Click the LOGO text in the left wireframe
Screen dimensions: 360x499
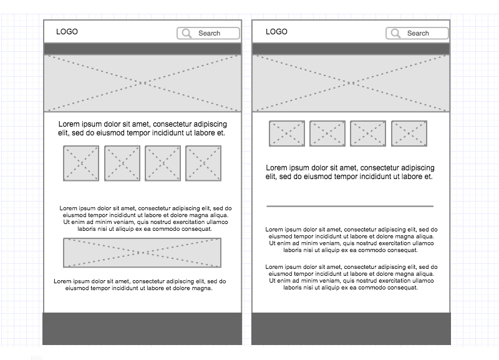coord(67,32)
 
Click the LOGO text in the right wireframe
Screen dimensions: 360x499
coord(276,32)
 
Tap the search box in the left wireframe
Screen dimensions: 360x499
coord(208,34)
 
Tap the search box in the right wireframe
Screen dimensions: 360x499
coord(417,34)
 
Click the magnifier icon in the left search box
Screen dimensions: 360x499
coord(187,34)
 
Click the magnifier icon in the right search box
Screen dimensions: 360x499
coord(395,34)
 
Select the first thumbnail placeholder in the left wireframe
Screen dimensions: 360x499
coord(81,163)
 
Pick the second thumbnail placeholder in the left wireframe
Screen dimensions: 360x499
coord(122,163)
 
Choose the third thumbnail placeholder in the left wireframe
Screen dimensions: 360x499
coord(163,163)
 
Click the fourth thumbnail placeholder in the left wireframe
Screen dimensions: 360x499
coord(203,163)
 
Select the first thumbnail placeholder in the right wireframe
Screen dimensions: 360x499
coord(287,134)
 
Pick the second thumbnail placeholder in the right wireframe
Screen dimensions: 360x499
coord(327,134)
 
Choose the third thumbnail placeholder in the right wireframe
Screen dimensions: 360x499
coord(368,134)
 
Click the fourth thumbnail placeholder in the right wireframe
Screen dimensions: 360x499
coord(409,134)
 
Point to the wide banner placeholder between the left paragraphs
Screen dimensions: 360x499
coord(142,253)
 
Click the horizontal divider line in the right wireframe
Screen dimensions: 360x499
coord(349,206)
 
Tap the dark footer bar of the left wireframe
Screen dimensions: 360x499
coord(142,328)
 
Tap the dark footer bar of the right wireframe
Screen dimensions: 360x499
coord(351,328)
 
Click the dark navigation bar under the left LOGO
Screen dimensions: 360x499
coord(142,49)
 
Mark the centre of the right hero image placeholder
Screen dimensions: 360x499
coord(351,83)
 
